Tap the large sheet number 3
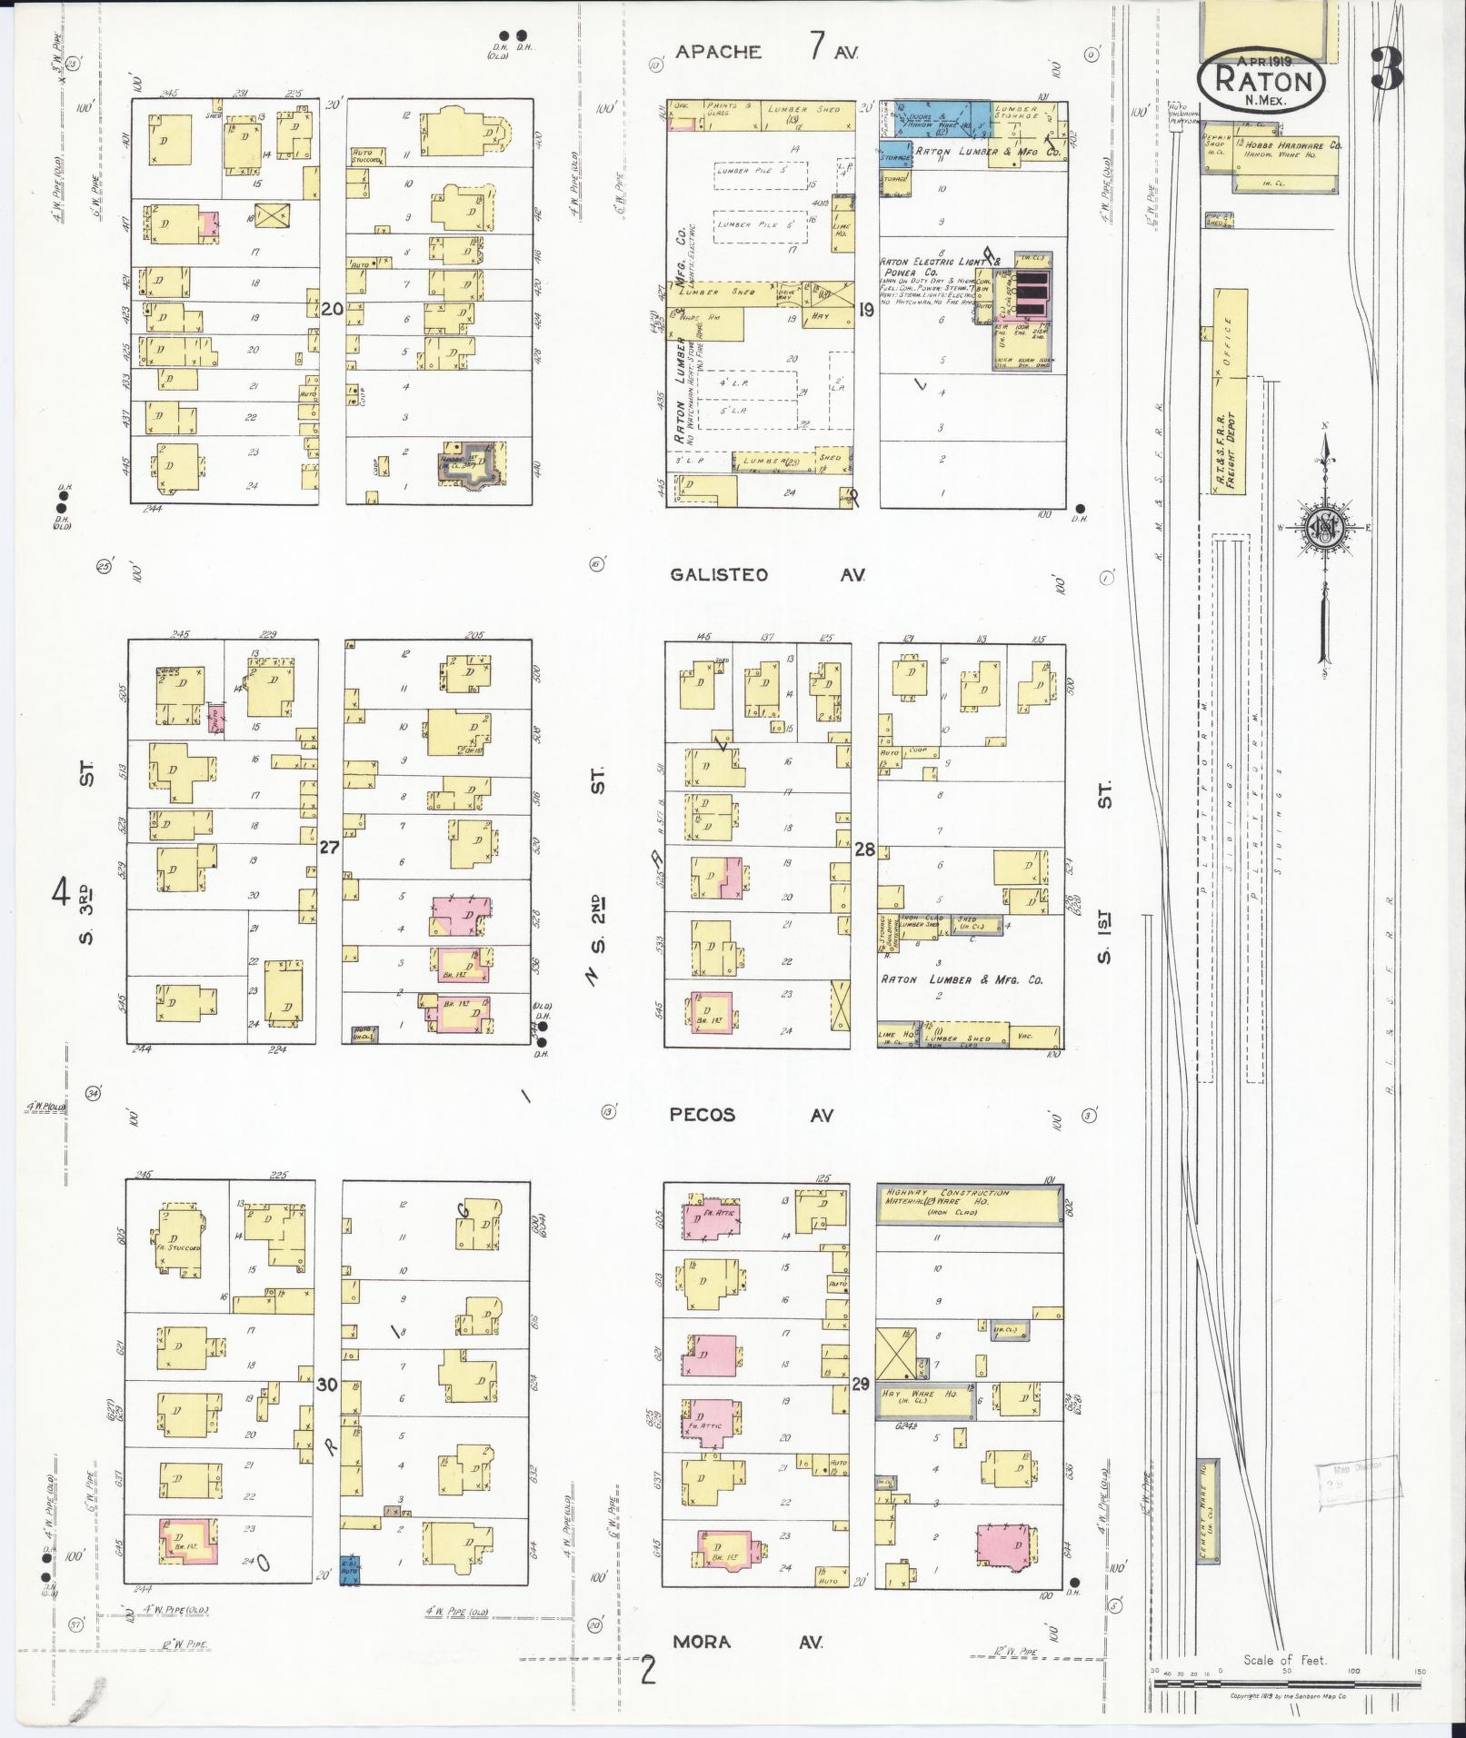(x=1386, y=69)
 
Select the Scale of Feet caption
(x=1284, y=1660)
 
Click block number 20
(x=332, y=309)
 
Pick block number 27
(x=329, y=848)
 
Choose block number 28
(x=864, y=849)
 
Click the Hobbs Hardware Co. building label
(x=1296, y=144)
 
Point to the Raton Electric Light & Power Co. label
(x=939, y=267)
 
